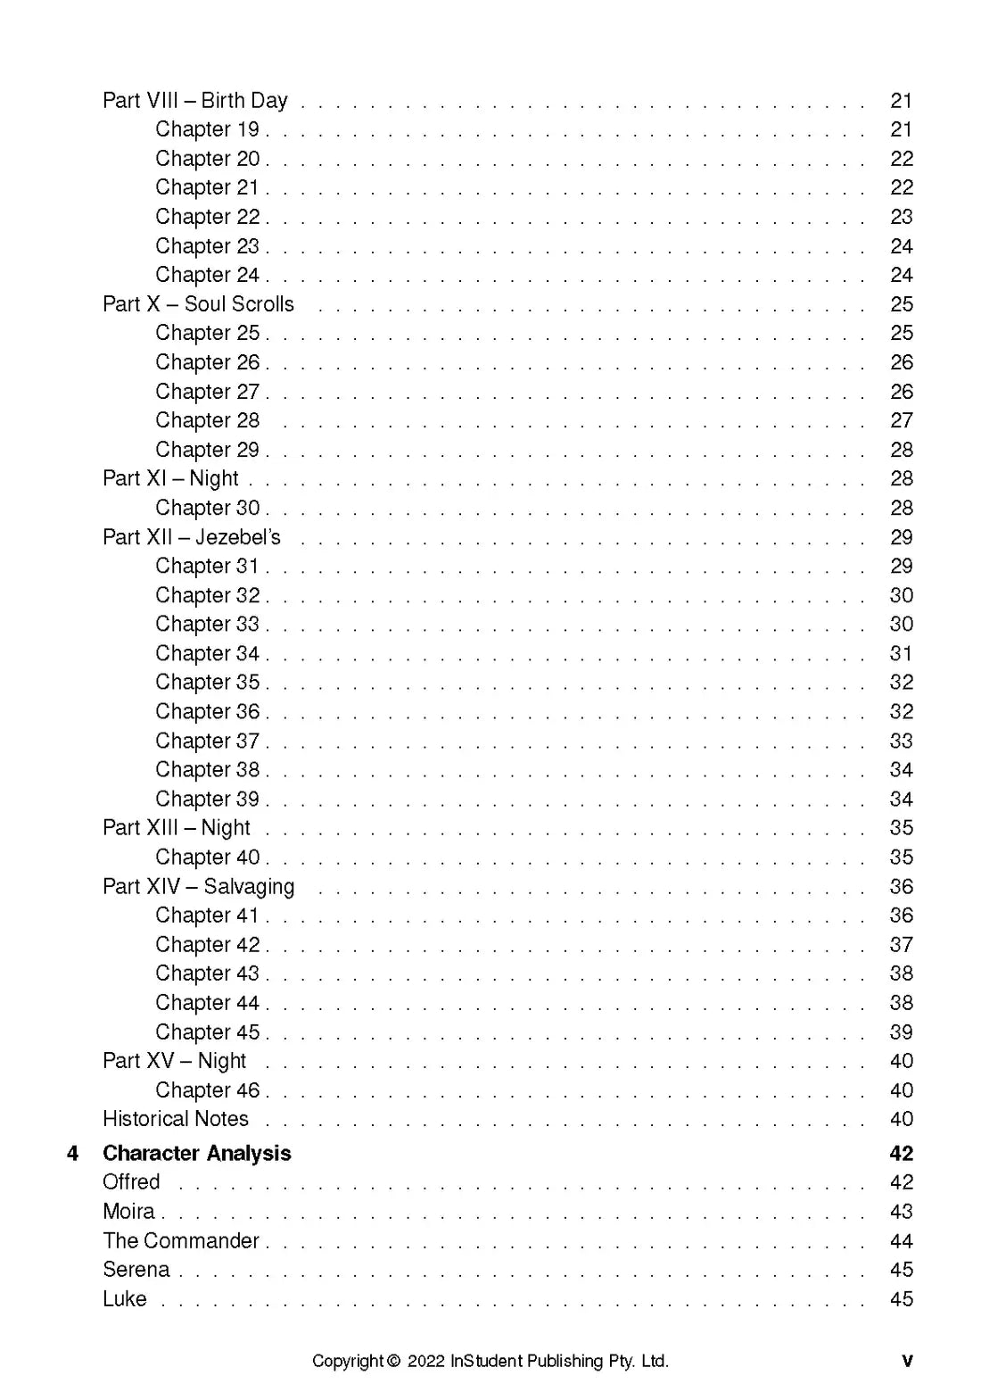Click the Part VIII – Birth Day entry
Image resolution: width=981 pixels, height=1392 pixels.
194,100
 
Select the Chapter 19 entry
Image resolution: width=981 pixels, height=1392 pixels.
207,129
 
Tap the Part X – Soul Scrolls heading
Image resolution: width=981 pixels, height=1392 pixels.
198,304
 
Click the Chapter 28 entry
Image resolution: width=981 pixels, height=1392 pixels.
207,420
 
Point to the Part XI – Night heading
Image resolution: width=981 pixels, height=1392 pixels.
170,478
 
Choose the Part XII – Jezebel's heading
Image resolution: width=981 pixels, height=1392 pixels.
191,537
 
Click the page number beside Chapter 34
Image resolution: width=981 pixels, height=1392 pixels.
901,653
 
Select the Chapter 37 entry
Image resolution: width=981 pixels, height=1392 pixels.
207,741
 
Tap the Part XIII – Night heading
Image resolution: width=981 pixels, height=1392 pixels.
177,828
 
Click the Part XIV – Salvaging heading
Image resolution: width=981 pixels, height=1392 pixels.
198,886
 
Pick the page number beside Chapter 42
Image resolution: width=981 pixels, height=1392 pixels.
901,944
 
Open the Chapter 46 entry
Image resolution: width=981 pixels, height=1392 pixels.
207,1090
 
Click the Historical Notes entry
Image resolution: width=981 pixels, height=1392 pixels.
176,1119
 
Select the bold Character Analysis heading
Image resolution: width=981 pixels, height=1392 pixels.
197,1153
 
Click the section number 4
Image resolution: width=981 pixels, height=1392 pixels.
73,1153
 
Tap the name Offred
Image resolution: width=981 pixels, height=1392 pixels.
131,1182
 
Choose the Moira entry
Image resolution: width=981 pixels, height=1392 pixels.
128,1211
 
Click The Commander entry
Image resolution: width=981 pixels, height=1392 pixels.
180,1240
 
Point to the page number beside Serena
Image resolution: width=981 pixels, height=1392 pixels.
901,1270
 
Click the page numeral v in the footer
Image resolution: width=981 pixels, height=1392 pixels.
907,1361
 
